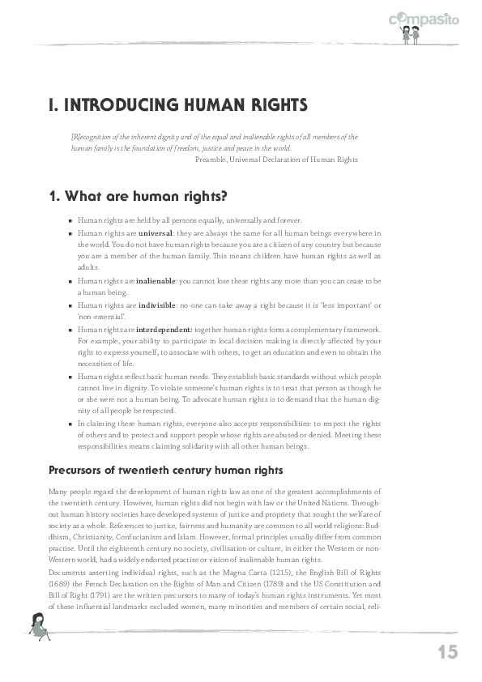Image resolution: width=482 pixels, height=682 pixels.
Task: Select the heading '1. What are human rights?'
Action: pos(138,195)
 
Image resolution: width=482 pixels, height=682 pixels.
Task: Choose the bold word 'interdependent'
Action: pos(164,330)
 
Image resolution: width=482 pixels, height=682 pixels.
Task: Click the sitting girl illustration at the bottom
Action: pos(39,624)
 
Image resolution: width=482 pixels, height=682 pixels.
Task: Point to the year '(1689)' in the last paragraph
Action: pos(62,583)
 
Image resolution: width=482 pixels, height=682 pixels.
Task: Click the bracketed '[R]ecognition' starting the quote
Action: pos(90,138)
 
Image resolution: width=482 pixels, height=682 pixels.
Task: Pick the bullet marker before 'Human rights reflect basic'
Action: pos(71,378)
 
